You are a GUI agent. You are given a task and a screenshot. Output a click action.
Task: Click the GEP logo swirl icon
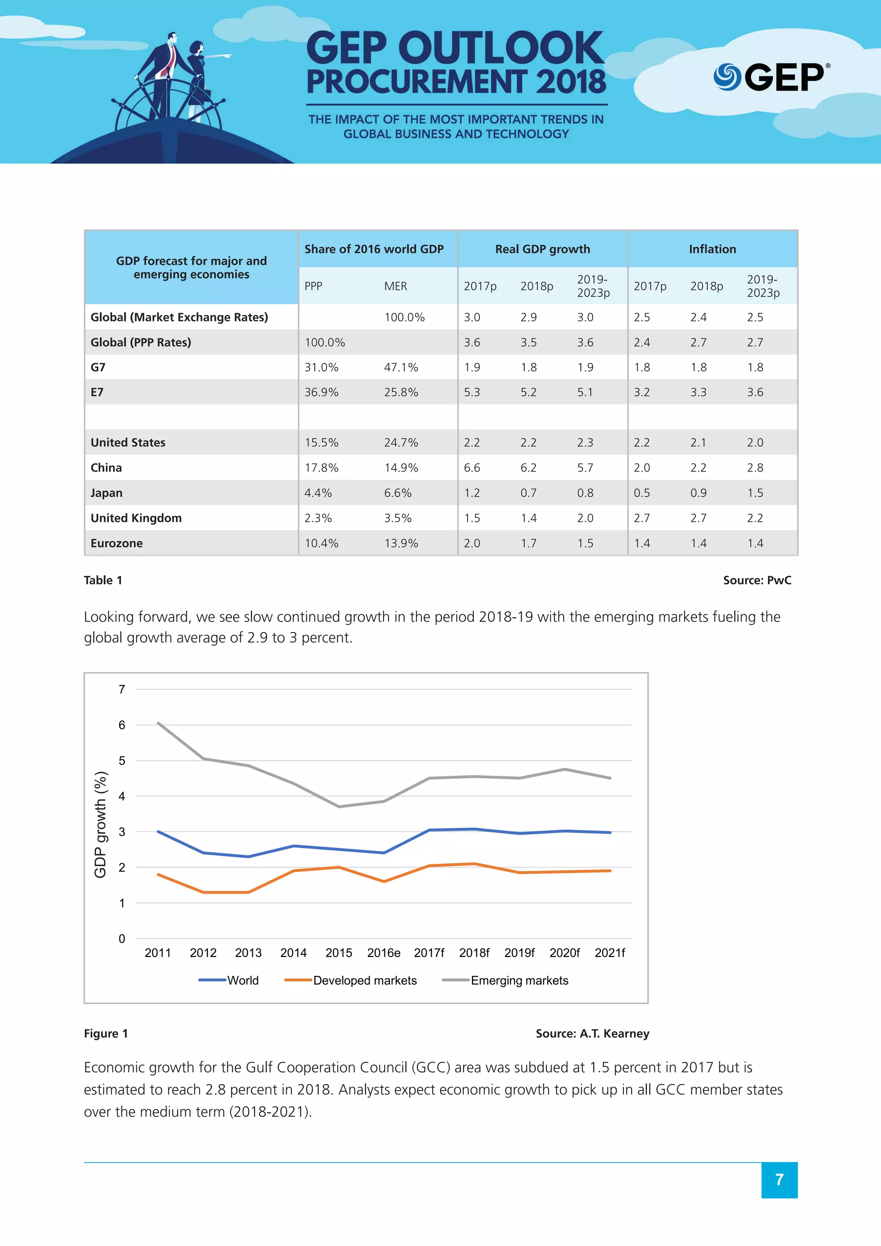(727, 77)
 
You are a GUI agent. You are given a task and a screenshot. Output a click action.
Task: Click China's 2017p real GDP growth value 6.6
(471, 468)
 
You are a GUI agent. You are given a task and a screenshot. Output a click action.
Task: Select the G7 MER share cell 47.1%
(401, 367)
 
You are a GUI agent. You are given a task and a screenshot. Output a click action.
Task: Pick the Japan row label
(106, 493)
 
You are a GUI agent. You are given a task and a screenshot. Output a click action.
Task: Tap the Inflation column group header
(712, 249)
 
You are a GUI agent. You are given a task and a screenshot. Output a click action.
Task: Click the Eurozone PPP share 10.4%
(321, 543)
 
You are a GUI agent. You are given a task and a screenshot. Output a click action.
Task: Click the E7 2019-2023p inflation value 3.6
(755, 392)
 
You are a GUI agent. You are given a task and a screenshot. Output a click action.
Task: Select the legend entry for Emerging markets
(519, 980)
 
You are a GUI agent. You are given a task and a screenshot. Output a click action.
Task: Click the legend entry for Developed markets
(364, 980)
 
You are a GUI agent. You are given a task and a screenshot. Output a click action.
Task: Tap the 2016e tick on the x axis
(384, 953)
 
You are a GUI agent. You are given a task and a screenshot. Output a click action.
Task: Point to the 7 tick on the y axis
(122, 689)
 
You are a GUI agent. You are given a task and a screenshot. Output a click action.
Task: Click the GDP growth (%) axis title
(100, 824)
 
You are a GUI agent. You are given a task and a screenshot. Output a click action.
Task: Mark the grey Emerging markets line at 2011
(158, 723)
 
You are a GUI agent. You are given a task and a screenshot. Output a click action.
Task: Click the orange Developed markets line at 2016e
(384, 881)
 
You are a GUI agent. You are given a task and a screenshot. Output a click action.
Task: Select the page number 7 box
(779, 1180)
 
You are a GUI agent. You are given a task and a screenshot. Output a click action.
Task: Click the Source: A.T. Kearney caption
(592, 1033)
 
